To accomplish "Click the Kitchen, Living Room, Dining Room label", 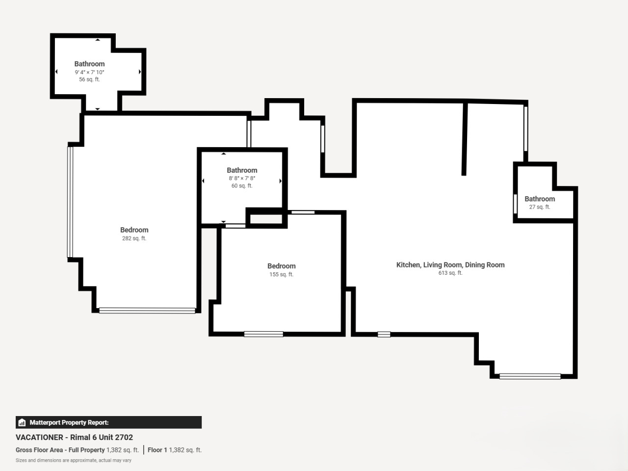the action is tap(450, 265).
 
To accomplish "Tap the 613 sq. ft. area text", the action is tap(450, 273).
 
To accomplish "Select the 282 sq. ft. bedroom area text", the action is tap(134, 238).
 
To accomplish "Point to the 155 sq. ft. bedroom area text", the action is tap(281, 274).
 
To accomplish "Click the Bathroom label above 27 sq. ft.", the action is tap(540, 199).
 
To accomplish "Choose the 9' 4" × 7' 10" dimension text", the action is tap(90, 72).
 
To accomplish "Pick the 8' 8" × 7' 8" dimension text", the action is tap(242, 178).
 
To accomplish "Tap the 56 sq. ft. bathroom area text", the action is tap(90, 79).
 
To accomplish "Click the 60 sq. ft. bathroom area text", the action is tap(242, 185).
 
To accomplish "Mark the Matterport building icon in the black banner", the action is tap(22, 422).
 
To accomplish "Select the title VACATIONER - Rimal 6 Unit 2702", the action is tap(75, 437).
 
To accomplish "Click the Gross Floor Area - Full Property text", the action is tap(60, 450).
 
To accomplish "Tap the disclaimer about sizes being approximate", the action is tap(74, 460).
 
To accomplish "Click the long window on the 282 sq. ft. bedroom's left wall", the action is tap(70, 202).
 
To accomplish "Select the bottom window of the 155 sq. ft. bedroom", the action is tap(263, 334).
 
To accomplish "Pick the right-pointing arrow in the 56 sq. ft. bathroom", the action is tap(140, 72).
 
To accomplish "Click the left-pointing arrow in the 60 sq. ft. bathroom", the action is tap(203, 181).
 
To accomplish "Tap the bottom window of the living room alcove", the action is tap(530, 376).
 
